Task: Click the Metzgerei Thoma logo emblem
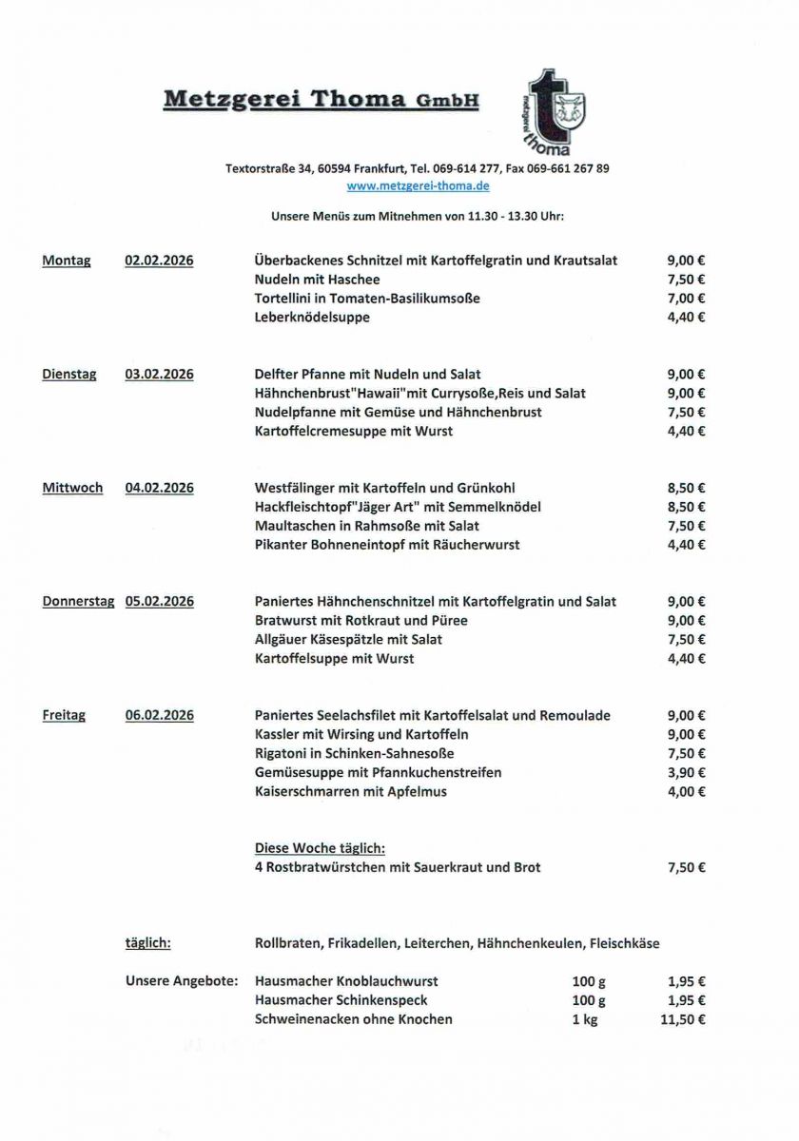(555, 112)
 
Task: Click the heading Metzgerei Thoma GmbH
(322, 100)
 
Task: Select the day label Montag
(67, 261)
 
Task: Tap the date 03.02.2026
(159, 375)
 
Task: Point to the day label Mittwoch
(72, 488)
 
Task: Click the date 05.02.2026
(159, 601)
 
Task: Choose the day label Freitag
(64, 715)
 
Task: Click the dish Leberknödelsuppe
(312, 318)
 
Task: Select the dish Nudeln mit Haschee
(317, 280)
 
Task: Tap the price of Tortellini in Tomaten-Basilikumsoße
(686, 299)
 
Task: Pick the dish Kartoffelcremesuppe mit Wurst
(354, 431)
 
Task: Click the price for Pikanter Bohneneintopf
(686, 545)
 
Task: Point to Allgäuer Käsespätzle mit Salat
(348, 639)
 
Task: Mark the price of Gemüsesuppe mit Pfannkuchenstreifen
(686, 772)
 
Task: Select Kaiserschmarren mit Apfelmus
(350, 791)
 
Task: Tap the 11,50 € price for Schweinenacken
(682, 1019)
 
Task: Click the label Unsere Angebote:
(182, 981)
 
